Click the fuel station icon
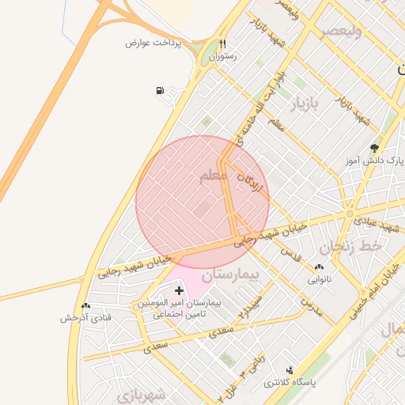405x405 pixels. point(161,91)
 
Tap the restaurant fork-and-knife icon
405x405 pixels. point(223,45)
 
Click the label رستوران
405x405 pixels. point(222,58)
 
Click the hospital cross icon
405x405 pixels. point(179,291)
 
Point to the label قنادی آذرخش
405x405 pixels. point(86,317)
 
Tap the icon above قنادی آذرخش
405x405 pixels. point(85,305)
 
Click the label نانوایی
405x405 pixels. point(319,279)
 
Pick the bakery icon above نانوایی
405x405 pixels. point(319,267)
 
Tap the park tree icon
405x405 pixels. point(374,147)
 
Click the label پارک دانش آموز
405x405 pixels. point(378,160)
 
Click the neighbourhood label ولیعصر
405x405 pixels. point(341,32)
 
